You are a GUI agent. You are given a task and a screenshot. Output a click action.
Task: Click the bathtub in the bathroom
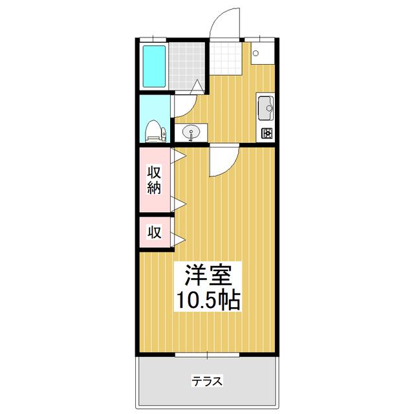[154, 66]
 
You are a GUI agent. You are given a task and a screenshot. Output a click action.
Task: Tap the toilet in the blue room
[156, 131]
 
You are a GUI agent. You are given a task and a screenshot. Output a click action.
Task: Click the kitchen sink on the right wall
[266, 108]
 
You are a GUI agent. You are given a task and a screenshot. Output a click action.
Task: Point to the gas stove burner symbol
[267, 133]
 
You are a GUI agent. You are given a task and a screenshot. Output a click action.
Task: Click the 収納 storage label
[154, 180]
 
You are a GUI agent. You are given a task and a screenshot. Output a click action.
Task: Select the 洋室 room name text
[208, 275]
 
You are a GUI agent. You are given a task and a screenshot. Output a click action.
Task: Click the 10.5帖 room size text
[208, 300]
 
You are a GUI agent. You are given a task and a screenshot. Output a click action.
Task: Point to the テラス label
[207, 381]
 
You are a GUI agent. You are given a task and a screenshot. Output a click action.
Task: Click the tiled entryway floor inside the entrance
[226, 59]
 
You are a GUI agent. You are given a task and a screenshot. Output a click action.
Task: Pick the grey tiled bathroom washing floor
[187, 66]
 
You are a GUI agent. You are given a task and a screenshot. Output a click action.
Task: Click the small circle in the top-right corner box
[256, 53]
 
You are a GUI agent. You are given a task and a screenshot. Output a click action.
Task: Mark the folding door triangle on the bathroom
[197, 86]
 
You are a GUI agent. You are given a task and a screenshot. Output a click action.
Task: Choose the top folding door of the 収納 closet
[179, 156]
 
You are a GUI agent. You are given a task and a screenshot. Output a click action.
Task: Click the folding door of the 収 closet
[179, 239]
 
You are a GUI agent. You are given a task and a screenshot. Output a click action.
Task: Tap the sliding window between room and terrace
[207, 170]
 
